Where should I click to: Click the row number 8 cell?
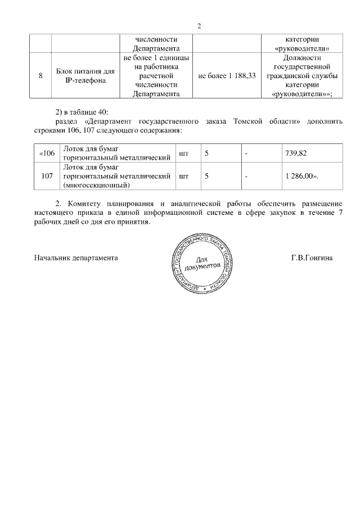(x=41, y=76)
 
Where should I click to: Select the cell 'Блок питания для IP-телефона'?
(x=86, y=76)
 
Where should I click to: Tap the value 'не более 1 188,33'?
(x=228, y=76)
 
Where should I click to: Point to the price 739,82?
(x=296, y=152)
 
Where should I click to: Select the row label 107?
(x=47, y=176)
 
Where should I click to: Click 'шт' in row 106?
(x=183, y=152)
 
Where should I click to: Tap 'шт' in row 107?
(x=183, y=176)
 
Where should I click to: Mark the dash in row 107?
(x=246, y=176)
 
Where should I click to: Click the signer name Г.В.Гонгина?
(x=312, y=258)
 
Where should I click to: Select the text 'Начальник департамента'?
(x=75, y=258)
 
